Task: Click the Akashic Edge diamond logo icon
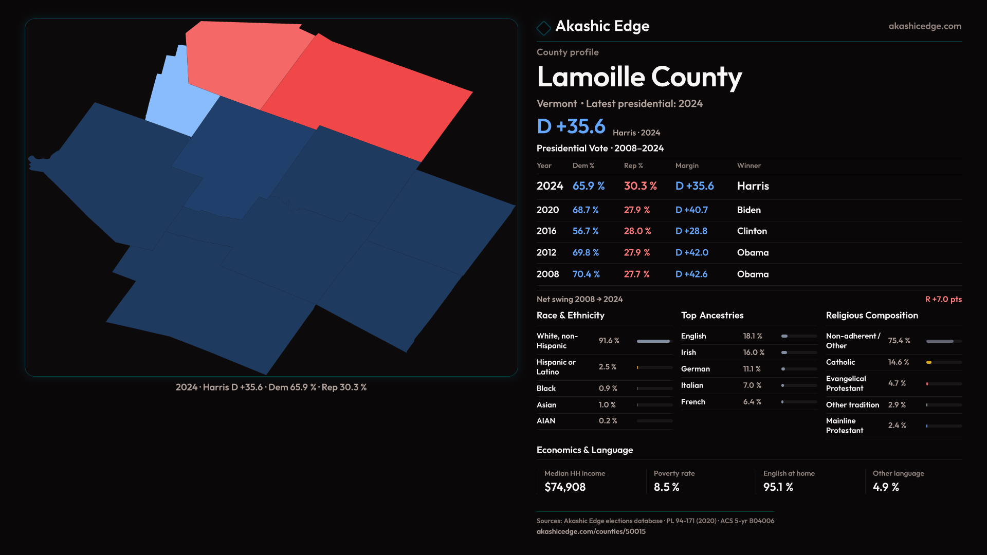point(543,28)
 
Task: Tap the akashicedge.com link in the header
point(924,26)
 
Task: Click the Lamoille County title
point(639,77)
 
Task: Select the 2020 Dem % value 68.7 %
point(586,210)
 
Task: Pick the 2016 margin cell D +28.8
point(691,231)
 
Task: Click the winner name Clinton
point(752,231)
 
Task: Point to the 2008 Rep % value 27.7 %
point(636,274)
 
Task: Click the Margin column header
point(687,165)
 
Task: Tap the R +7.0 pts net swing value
point(943,300)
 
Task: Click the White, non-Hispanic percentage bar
point(654,341)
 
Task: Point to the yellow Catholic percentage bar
point(929,362)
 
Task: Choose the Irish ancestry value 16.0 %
point(754,353)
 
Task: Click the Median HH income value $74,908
point(564,487)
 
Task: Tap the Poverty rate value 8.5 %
point(666,487)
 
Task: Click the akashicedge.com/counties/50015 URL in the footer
point(591,532)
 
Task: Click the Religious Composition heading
point(872,316)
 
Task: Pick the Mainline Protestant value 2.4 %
point(897,425)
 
